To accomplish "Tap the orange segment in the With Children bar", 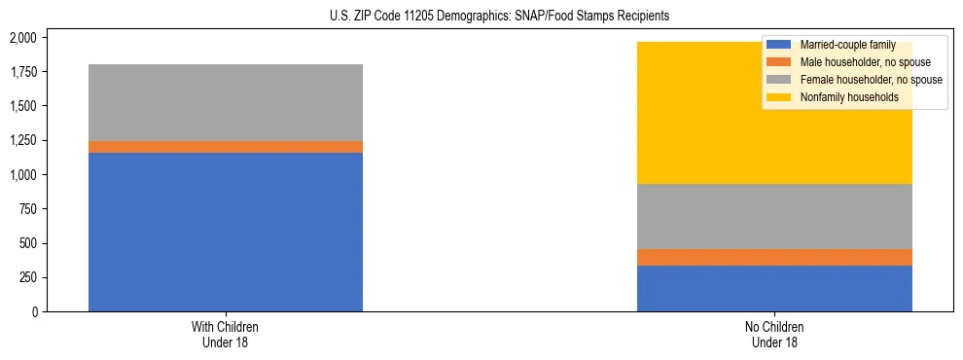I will pyautogui.click(x=226, y=147).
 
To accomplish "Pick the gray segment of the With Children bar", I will pyautogui.click(x=226, y=102).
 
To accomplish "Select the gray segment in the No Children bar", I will pyautogui.click(x=774, y=216).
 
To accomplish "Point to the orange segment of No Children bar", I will pyautogui.click(x=774, y=257).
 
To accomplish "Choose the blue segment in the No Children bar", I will pyautogui.click(x=774, y=288).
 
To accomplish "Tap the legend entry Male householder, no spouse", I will pyautogui.click(x=857, y=62).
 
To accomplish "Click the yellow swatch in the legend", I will pyautogui.click(x=779, y=97).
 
